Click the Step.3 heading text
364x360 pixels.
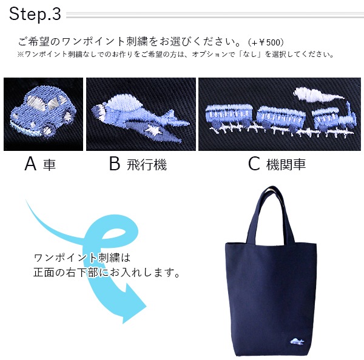(35, 14)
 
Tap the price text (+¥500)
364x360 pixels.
(266, 42)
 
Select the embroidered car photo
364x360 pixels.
(44, 114)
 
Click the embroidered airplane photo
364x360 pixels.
(141, 114)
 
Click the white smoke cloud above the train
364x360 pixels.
(318, 95)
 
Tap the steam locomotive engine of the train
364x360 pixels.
(334, 119)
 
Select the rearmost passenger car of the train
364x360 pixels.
(229, 116)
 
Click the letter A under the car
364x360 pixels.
(30, 164)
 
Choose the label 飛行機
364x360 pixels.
(147, 165)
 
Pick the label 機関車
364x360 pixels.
(286, 164)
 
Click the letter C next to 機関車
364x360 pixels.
(254, 164)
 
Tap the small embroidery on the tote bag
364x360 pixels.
(297, 341)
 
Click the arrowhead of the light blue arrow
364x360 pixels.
(133, 306)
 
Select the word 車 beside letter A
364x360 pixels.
(49, 165)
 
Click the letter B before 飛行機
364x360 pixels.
(115, 164)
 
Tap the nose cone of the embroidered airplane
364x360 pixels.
(97, 111)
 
